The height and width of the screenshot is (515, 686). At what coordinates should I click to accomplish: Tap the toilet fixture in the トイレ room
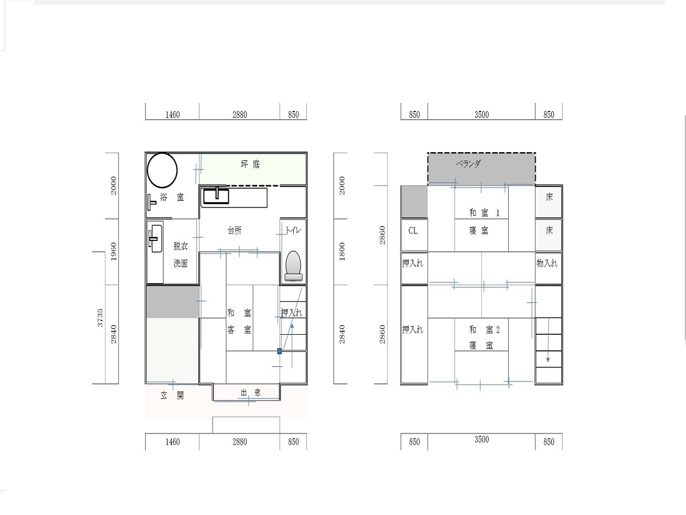pyautogui.click(x=293, y=266)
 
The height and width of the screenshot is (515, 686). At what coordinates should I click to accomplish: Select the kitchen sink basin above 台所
pyautogui.click(x=216, y=196)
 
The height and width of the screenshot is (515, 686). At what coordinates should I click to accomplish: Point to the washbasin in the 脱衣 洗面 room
pyautogui.click(x=155, y=238)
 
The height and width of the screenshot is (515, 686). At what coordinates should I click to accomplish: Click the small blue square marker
pyautogui.click(x=280, y=351)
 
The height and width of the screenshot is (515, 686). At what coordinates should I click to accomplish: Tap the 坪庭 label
pyautogui.click(x=250, y=164)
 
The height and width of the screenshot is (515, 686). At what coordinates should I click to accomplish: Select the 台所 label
pyautogui.click(x=235, y=231)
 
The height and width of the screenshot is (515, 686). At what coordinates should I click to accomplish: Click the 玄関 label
pyautogui.click(x=172, y=395)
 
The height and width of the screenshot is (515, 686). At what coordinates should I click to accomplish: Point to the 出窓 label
pyautogui.click(x=250, y=393)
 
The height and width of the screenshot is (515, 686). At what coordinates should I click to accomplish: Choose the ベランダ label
pyautogui.click(x=468, y=164)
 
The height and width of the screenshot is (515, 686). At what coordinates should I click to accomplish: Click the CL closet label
pyautogui.click(x=413, y=231)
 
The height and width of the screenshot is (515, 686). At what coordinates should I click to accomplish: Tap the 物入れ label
pyautogui.click(x=547, y=263)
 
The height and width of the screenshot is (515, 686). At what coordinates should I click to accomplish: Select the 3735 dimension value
pyautogui.click(x=100, y=318)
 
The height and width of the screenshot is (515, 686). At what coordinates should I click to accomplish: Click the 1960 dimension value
pyautogui.click(x=113, y=252)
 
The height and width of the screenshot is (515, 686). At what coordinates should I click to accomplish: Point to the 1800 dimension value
pyautogui.click(x=342, y=252)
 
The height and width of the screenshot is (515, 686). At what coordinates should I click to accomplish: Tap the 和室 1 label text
pyautogui.click(x=484, y=213)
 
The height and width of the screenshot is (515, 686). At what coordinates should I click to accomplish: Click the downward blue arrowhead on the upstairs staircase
pyautogui.click(x=548, y=360)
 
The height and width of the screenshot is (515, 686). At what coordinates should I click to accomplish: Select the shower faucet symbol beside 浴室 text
pyautogui.click(x=151, y=203)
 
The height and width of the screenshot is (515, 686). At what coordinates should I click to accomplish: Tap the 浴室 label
pyautogui.click(x=172, y=197)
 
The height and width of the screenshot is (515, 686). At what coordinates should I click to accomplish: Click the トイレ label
pyautogui.click(x=293, y=231)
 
